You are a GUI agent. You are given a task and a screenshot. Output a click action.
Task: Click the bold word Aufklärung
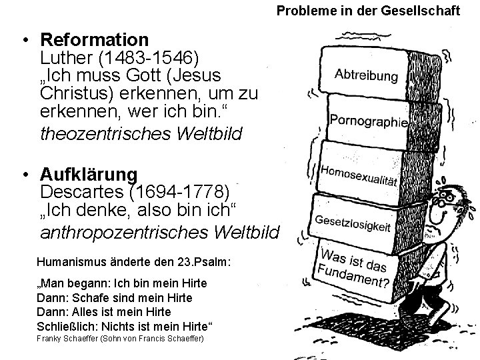click(x=89, y=175)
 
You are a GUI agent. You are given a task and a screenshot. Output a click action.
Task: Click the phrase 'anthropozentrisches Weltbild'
click(x=161, y=233)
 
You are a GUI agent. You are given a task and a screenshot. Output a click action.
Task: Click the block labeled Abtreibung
click(x=365, y=74)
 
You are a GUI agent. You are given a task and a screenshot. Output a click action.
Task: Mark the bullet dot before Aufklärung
click(x=23, y=175)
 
